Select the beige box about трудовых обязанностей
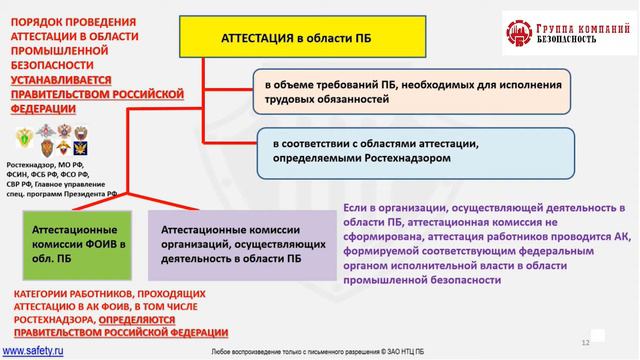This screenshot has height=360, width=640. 410,93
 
